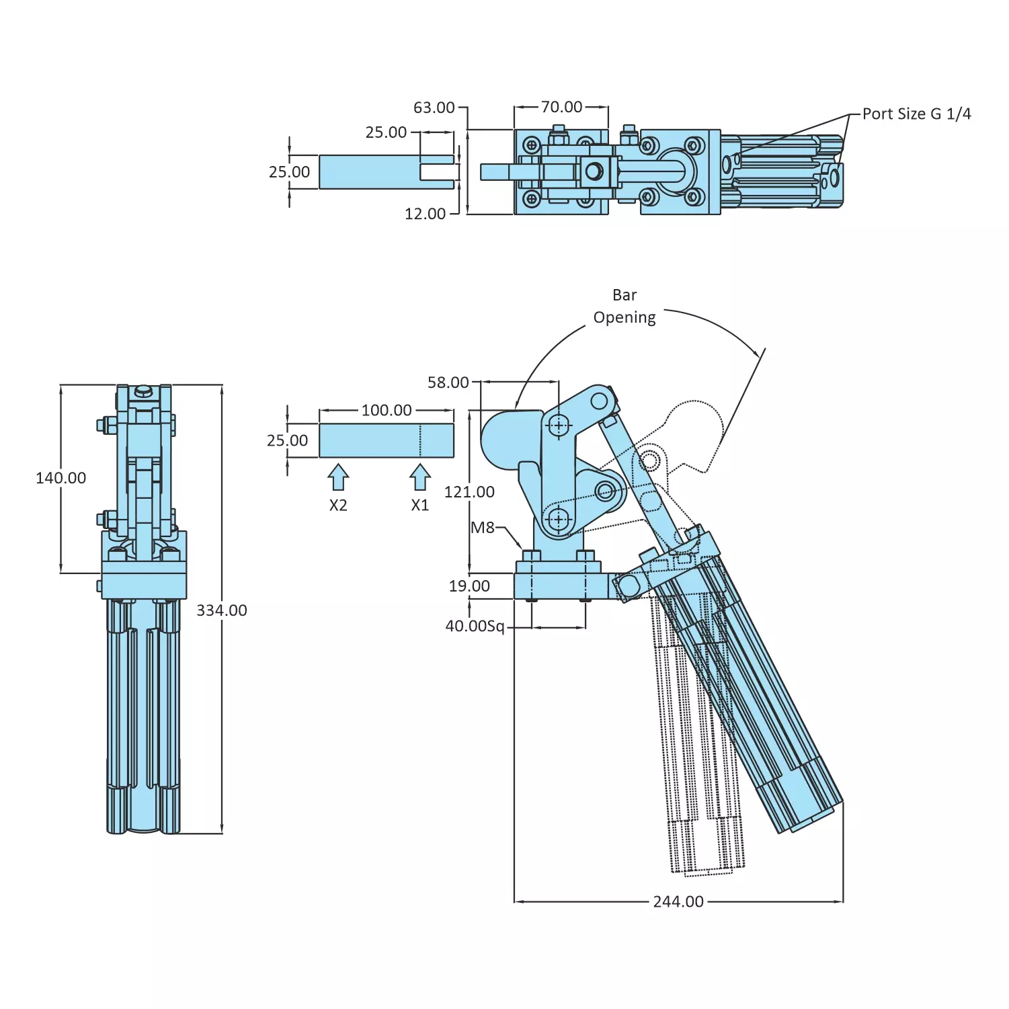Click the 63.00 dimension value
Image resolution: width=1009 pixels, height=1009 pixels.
point(434,108)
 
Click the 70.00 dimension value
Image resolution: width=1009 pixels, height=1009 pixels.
point(561,107)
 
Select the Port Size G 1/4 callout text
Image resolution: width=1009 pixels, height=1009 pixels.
point(916,114)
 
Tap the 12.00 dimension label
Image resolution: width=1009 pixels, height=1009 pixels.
point(425,214)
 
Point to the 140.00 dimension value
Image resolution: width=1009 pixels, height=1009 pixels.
point(60,478)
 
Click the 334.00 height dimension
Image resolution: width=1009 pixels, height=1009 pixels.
point(222,610)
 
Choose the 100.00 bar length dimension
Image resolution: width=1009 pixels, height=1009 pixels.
point(387,410)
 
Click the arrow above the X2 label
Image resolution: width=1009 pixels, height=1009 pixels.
point(338,477)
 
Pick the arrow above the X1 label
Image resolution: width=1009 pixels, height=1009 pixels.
point(420,477)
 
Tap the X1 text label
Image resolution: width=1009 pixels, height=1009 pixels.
point(420,506)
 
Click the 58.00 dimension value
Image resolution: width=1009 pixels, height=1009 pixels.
point(448,382)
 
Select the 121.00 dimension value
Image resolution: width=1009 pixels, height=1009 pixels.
point(469,492)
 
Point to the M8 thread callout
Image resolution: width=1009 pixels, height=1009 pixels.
point(483,528)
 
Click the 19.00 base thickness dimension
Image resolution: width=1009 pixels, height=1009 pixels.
point(469,586)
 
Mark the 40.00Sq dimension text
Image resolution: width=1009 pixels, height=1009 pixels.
point(475,627)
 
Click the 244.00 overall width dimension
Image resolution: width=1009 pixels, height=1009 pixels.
point(678,901)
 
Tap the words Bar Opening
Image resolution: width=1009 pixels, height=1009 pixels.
point(624,307)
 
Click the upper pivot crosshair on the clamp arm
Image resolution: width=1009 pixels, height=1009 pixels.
point(558,425)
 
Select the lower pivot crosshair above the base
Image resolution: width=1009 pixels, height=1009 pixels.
point(558,519)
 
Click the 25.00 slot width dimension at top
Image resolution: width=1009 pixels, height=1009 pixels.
point(386,132)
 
